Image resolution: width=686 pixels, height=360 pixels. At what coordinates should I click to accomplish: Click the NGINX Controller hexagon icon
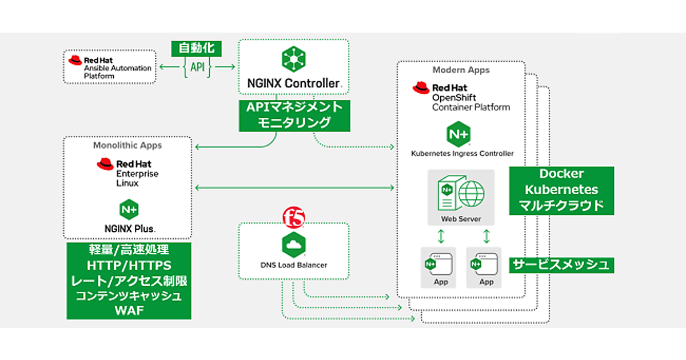click(x=294, y=59)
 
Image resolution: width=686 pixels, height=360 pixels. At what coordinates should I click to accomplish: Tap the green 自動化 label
click(x=197, y=48)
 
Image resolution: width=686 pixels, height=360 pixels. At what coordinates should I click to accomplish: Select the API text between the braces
click(x=197, y=67)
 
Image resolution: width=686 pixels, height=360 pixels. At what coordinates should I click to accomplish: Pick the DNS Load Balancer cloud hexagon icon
click(x=294, y=244)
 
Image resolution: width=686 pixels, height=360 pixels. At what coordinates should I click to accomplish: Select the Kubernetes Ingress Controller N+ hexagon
click(x=458, y=135)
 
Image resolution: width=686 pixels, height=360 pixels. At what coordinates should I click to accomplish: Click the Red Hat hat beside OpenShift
click(x=421, y=87)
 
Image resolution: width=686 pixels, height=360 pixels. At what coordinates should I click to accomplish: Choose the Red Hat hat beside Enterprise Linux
click(x=105, y=165)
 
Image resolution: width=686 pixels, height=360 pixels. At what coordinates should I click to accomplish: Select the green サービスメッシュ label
click(x=561, y=265)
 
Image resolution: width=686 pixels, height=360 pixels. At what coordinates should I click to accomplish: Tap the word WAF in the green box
click(x=129, y=310)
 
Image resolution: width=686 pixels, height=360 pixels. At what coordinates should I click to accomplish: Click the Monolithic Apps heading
click(x=127, y=145)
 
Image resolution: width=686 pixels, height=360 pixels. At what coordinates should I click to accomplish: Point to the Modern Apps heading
click(x=461, y=70)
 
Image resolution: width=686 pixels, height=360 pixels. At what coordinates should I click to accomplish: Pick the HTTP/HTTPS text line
click(x=129, y=266)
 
